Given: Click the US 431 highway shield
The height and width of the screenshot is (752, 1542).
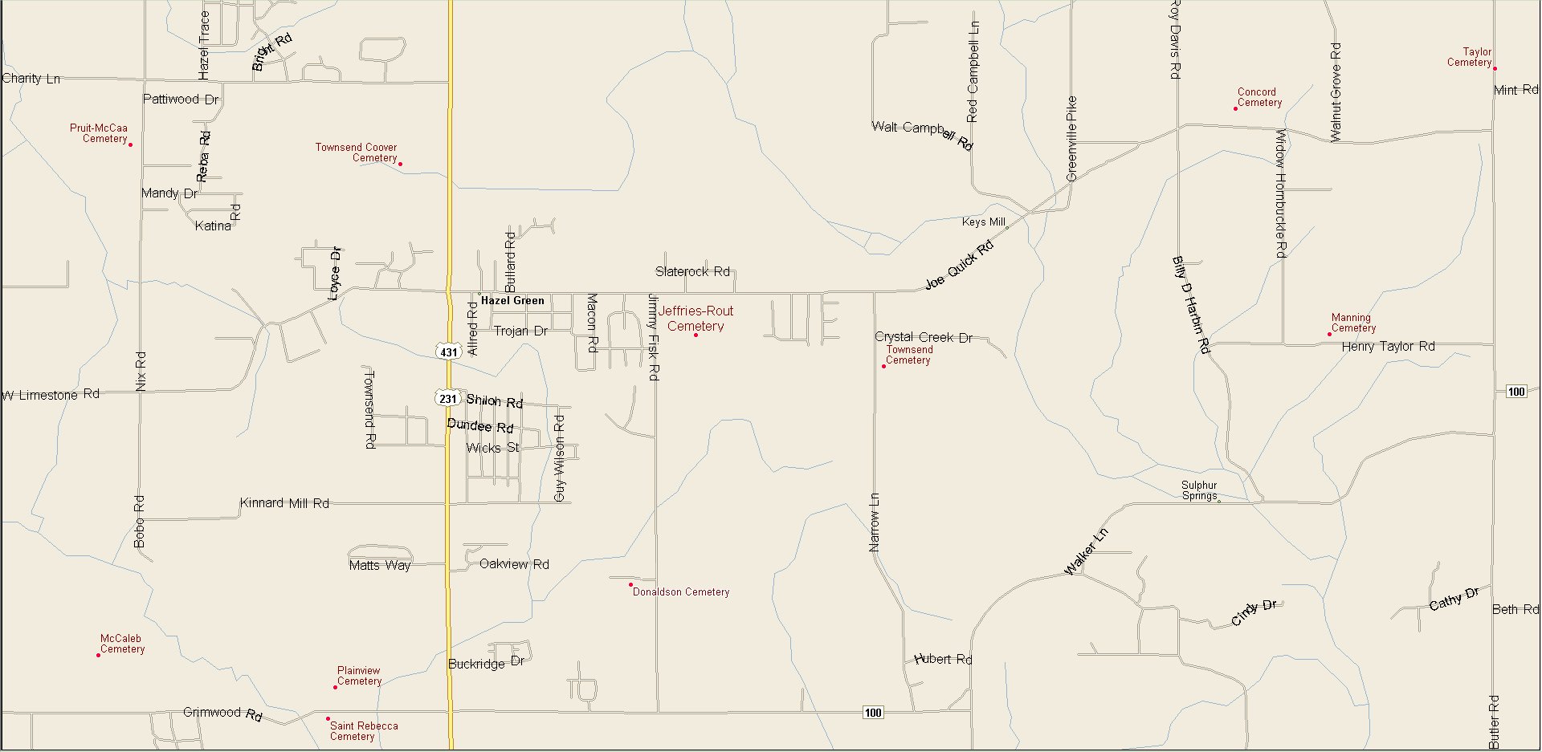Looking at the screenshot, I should click(448, 352).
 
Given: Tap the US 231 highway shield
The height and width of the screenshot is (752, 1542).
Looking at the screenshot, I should click(447, 398).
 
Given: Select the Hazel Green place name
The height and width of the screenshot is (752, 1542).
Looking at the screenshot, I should click(512, 300).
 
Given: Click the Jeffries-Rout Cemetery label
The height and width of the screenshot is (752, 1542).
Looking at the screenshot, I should click(696, 319).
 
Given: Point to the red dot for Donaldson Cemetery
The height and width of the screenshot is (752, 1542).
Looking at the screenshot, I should click(630, 585).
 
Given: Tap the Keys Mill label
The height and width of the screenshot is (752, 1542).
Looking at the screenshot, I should click(983, 222).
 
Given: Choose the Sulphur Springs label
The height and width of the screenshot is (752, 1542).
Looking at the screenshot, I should click(1199, 490).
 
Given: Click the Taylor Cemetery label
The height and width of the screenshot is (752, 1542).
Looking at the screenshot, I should click(1470, 57).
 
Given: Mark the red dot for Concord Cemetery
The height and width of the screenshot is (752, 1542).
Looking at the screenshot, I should click(1235, 108).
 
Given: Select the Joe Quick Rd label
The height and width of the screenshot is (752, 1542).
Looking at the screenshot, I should click(959, 266).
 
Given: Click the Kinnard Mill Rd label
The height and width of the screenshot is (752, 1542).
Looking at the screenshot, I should click(284, 503).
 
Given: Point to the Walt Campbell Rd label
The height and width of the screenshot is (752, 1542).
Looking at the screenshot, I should click(922, 134).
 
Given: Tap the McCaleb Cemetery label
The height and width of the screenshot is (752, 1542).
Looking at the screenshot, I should click(122, 644).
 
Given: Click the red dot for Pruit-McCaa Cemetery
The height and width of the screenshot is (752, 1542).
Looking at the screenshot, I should click(130, 144).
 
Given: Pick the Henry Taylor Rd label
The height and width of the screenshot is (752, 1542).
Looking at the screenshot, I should click(1388, 347).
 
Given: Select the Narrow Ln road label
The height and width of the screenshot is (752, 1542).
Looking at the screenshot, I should click(875, 522).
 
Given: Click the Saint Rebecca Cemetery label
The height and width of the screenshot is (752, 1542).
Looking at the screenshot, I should click(363, 730).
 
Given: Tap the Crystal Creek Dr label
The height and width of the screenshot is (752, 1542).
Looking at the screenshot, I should click(924, 337).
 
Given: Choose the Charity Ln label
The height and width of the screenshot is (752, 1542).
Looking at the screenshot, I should click(31, 79).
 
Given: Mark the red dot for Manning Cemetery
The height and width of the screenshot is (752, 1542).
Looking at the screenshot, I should click(1329, 334).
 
